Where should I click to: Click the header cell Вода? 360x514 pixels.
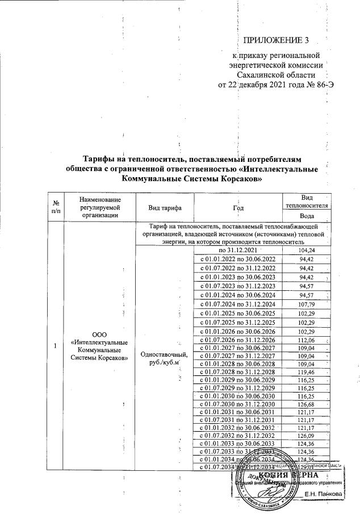(x=307, y=216)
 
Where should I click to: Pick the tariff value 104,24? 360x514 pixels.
(x=307, y=250)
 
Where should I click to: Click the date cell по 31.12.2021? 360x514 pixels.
(x=238, y=250)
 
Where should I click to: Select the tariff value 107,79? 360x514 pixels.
(x=307, y=304)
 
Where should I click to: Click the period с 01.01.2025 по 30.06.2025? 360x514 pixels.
(x=238, y=314)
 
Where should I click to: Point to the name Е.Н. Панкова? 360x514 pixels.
(x=323, y=494)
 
